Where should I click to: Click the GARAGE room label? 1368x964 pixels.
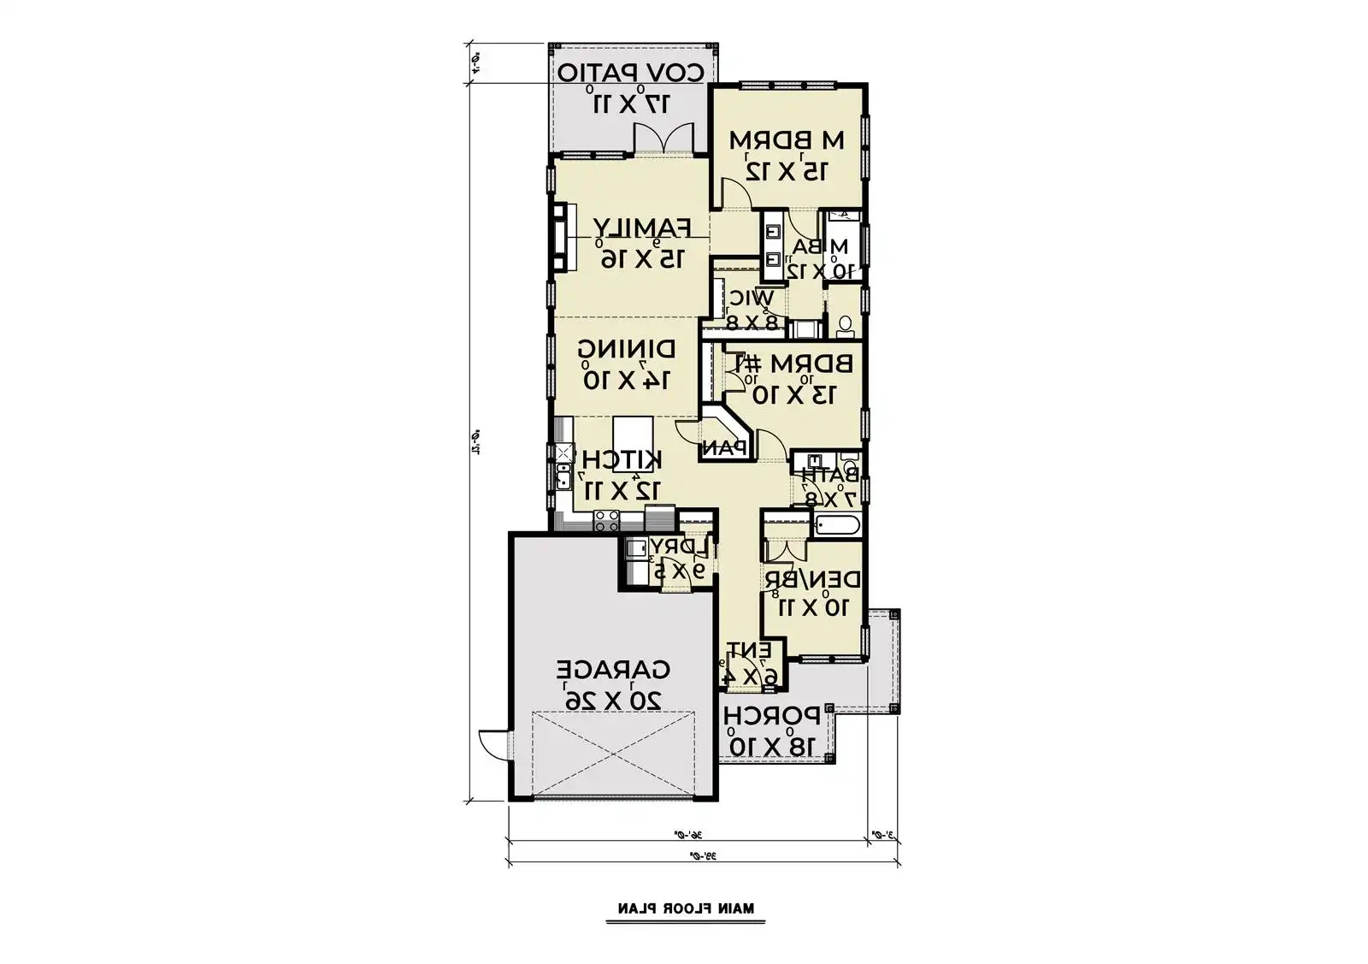pyautogui.click(x=614, y=668)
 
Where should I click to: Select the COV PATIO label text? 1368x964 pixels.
pyautogui.click(x=632, y=73)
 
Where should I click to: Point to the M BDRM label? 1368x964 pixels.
pyautogui.click(x=787, y=139)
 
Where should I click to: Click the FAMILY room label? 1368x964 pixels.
pyautogui.click(x=641, y=228)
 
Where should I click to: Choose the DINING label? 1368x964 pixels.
pyautogui.click(x=627, y=349)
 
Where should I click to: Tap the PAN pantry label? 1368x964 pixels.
pyautogui.click(x=725, y=447)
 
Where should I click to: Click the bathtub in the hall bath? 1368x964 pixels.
pyautogui.click(x=837, y=525)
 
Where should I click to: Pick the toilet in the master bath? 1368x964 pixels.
pyautogui.click(x=845, y=324)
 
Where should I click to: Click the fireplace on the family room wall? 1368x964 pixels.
pyautogui.click(x=560, y=237)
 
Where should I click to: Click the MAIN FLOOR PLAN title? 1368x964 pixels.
pyautogui.click(x=687, y=908)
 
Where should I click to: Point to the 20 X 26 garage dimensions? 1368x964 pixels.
pyautogui.click(x=613, y=698)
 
